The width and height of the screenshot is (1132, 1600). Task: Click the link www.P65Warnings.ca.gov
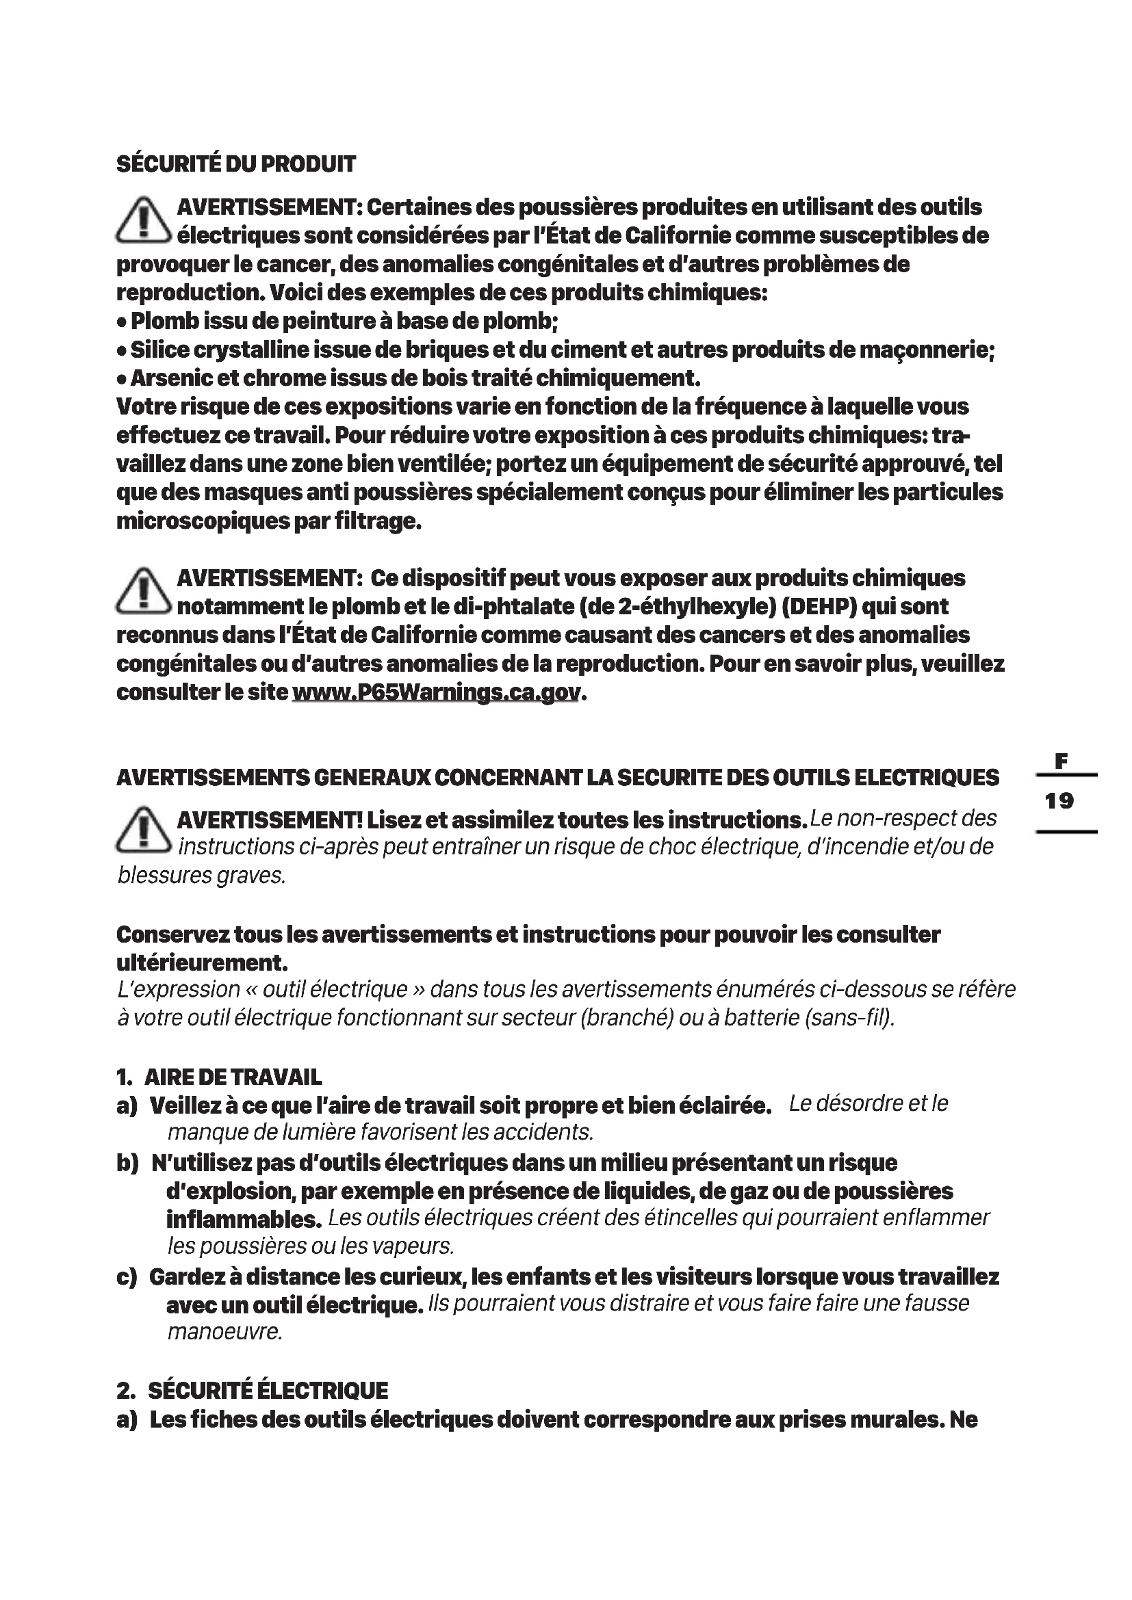coord(436,693)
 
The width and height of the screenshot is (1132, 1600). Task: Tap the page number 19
coord(1059,801)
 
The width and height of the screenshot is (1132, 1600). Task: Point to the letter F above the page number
coord(1061,761)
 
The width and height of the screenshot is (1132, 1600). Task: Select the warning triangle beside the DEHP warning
coord(143,592)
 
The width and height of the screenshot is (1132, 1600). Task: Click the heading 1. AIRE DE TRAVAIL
coord(219,1077)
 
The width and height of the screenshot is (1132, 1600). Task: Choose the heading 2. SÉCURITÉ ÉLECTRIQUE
coord(253,1391)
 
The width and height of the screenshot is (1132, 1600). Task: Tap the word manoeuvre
coord(224,1332)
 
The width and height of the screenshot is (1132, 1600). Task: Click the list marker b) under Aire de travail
coord(127,1163)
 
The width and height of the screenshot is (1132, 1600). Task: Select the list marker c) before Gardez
coord(127,1277)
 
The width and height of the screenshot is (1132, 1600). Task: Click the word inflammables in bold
coord(243,1220)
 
